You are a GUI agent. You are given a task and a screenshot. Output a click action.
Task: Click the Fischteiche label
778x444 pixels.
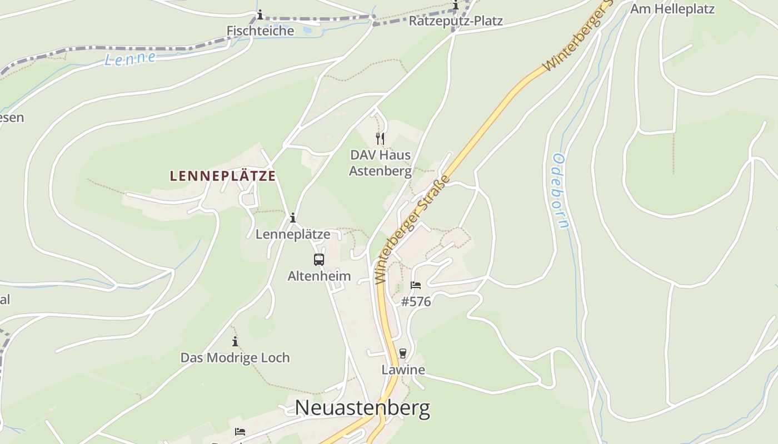tap(260, 31)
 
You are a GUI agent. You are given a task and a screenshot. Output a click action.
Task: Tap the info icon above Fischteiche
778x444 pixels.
tap(260, 15)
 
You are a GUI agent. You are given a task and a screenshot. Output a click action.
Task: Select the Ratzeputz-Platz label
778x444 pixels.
tap(456, 22)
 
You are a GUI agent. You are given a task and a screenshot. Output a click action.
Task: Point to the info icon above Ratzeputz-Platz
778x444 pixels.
tap(456, 6)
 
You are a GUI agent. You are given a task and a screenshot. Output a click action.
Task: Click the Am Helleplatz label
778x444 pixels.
tap(672, 9)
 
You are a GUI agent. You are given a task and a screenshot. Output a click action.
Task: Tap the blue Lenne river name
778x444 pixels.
tap(129, 58)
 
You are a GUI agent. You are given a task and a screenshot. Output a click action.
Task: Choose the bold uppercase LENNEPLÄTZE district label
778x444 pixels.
tap(223, 176)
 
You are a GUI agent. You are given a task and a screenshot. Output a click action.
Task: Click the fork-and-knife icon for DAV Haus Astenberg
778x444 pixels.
tap(380, 138)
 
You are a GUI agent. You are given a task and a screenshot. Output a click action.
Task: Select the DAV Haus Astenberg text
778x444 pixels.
tap(380, 163)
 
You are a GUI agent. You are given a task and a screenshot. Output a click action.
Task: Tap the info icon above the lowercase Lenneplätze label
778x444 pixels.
tap(293, 218)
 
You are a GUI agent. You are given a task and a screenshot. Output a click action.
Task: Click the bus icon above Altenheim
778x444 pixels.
tap(319, 259)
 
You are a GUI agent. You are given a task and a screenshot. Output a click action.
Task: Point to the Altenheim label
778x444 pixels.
tap(319, 276)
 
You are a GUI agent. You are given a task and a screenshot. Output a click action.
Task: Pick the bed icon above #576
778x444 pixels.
tap(416, 285)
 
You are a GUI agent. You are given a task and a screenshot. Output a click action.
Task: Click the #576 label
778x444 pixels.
tap(416, 302)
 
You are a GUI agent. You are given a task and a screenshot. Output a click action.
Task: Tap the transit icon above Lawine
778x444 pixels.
tap(403, 354)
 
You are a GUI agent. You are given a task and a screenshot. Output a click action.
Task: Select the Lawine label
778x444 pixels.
tap(403, 370)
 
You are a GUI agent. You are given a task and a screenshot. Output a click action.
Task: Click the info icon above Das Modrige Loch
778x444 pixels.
tap(235, 341)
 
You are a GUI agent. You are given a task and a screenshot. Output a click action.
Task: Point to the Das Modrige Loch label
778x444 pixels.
tap(235, 358)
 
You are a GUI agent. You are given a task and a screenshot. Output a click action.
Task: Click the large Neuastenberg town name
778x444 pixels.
tap(362, 408)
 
